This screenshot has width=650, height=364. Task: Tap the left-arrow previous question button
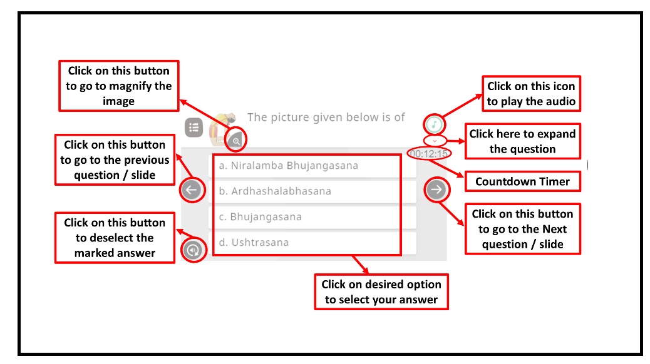point(192,190)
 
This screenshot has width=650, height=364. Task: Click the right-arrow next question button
point(436,190)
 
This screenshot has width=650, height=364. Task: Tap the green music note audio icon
point(435,123)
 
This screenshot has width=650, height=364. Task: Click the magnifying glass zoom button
point(236,141)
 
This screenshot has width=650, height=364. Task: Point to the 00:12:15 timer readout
point(429,153)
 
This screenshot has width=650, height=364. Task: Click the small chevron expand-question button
point(435,141)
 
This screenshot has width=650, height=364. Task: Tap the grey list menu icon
point(193,128)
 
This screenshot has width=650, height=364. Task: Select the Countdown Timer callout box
point(522,182)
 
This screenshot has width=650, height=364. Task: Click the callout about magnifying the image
point(118,86)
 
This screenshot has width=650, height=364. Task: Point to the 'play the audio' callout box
point(531,94)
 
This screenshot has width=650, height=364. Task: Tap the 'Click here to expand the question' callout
point(522,141)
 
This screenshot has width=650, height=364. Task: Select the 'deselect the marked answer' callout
point(114,238)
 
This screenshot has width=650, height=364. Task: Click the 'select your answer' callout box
point(381,292)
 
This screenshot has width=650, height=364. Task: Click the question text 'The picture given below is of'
point(326,117)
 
